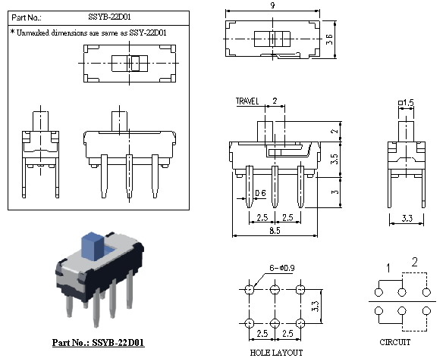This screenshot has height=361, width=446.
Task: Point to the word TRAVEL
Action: pos(249,100)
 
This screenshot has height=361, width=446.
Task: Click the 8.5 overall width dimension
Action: pos(271,228)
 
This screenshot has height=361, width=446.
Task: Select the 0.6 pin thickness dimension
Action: pos(260,193)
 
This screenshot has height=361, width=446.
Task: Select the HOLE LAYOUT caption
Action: pos(276,353)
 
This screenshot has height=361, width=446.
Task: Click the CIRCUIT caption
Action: pos(394,342)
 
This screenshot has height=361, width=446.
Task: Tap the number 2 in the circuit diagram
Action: pos(414,262)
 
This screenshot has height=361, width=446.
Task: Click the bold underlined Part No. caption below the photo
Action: pos(99,343)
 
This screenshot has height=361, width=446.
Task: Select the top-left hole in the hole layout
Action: pos(250,290)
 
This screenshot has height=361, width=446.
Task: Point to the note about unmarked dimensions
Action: pos(88,33)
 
